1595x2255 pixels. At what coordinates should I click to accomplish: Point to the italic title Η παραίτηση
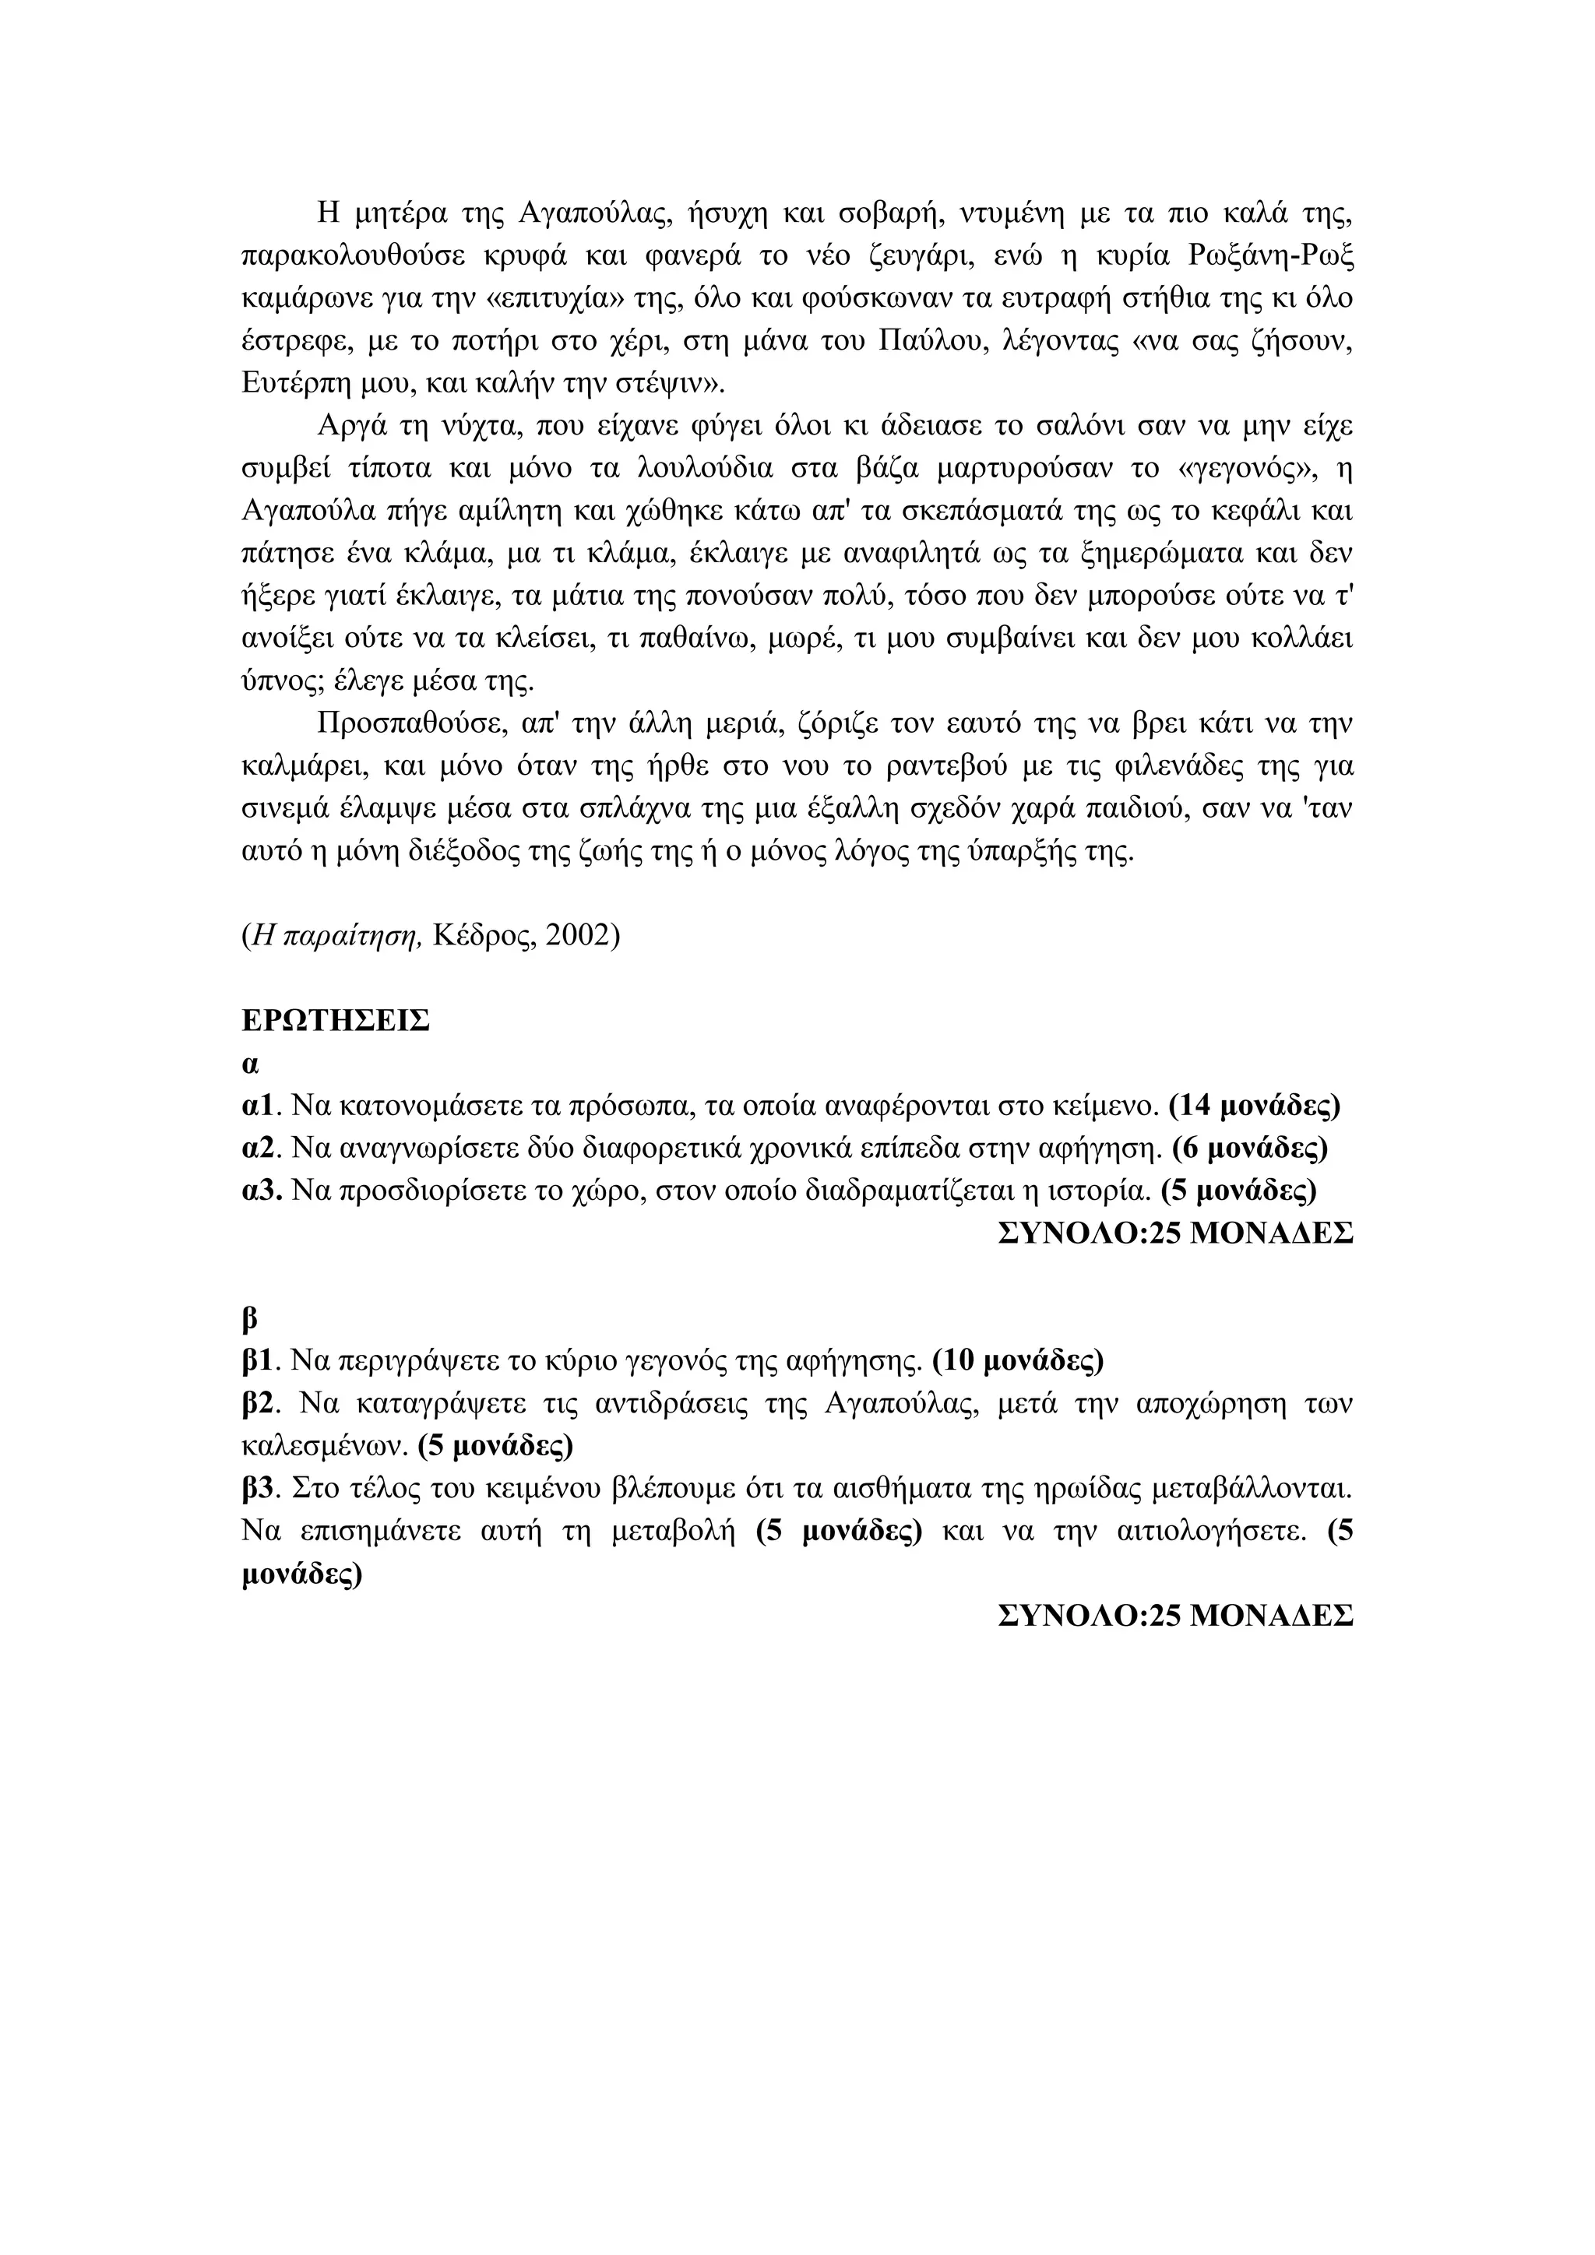(x=336, y=935)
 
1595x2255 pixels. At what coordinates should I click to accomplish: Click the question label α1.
(x=261, y=1106)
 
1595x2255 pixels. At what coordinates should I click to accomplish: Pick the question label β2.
(x=261, y=1403)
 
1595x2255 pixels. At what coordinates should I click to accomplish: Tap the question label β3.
(x=261, y=1489)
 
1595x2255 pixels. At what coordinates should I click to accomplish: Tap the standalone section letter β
(x=248, y=1318)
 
